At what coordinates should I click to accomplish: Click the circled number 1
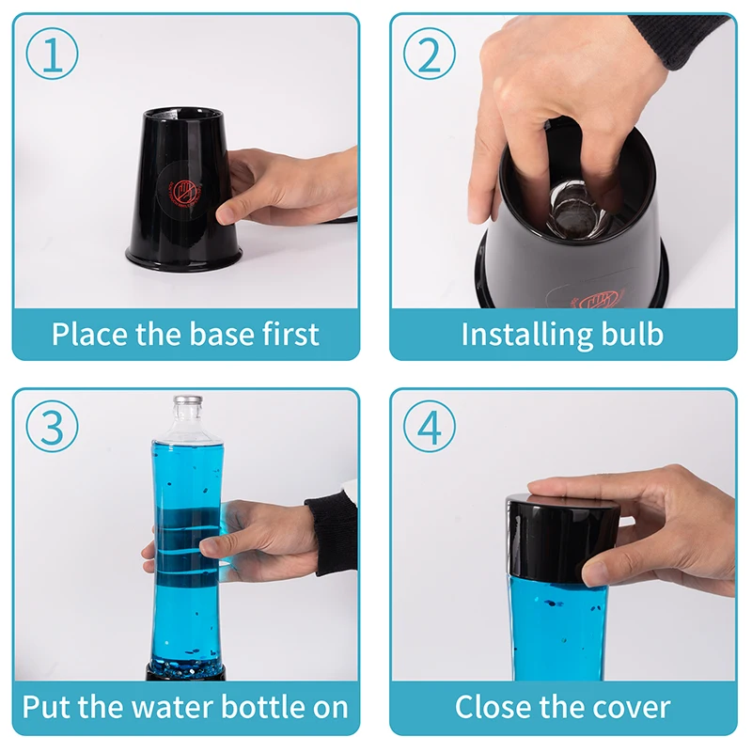point(52,54)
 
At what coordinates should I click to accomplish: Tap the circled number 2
point(430,54)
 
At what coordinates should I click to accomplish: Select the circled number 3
point(52,427)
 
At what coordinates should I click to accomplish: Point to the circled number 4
point(430,427)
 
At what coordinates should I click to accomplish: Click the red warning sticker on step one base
point(180,191)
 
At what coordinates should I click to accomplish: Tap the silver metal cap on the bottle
point(188,401)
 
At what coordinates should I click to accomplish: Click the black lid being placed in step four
point(562,536)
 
